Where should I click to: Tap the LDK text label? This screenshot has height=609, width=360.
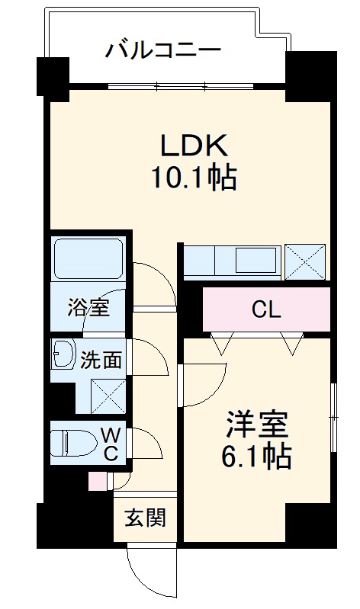[193, 145]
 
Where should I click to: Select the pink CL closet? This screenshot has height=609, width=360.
[266, 309]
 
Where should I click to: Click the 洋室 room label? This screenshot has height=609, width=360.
[256, 424]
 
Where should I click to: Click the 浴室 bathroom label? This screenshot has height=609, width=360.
[88, 309]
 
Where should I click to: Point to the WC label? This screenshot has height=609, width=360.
[110, 444]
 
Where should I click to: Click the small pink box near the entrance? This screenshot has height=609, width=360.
[98, 482]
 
